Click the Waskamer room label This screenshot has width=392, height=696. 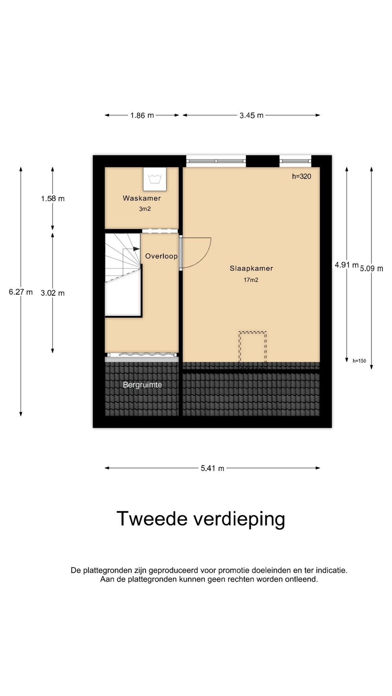pyautogui.click(x=142, y=198)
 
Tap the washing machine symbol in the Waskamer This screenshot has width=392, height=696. pyautogui.click(x=155, y=179)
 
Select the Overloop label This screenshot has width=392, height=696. pyautogui.click(x=161, y=256)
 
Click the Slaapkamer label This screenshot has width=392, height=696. pyautogui.click(x=251, y=269)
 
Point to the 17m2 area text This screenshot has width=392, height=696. pyautogui.click(x=251, y=280)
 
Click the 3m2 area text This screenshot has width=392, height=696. pyautogui.click(x=145, y=209)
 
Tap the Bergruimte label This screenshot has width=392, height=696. pyautogui.click(x=142, y=385)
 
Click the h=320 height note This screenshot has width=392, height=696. pyautogui.click(x=301, y=177)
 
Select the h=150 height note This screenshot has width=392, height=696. pyautogui.click(x=359, y=361)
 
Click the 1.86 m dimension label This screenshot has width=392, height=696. pyautogui.click(x=142, y=116)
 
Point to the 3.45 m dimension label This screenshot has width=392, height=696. pyautogui.click(x=251, y=116)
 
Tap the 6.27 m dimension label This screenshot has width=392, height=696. pyautogui.click(x=21, y=292)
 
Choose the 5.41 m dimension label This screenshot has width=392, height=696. pyautogui.click(x=212, y=468)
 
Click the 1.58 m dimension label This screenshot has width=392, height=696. pyautogui.click(x=53, y=199)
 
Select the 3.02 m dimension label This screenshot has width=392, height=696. pyautogui.click(x=53, y=293)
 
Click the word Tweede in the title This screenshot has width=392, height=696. pyautogui.click(x=152, y=519)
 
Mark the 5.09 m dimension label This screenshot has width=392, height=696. pyautogui.click(x=371, y=269)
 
